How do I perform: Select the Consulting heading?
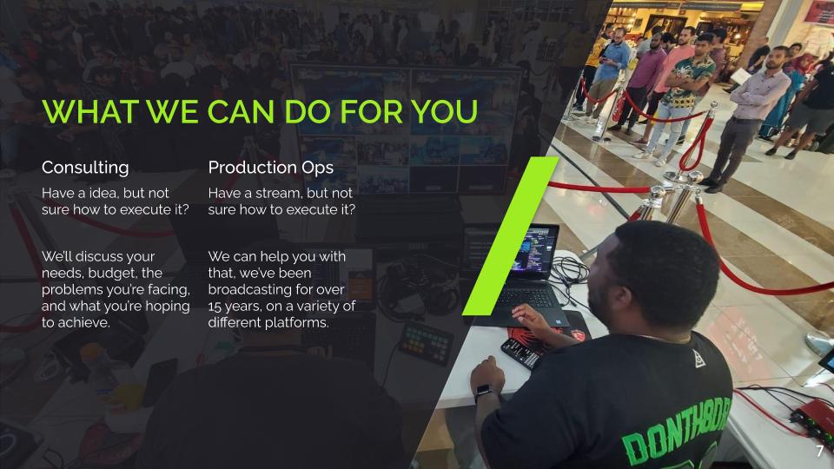85,168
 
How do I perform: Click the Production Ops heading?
271,168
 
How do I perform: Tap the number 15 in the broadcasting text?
215,307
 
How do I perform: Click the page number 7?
819,452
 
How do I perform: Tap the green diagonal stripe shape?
511,235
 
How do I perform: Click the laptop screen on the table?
533,251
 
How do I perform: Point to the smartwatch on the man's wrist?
484,393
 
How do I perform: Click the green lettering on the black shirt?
677,432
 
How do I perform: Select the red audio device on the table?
813,419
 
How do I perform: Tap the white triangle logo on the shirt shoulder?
698,359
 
